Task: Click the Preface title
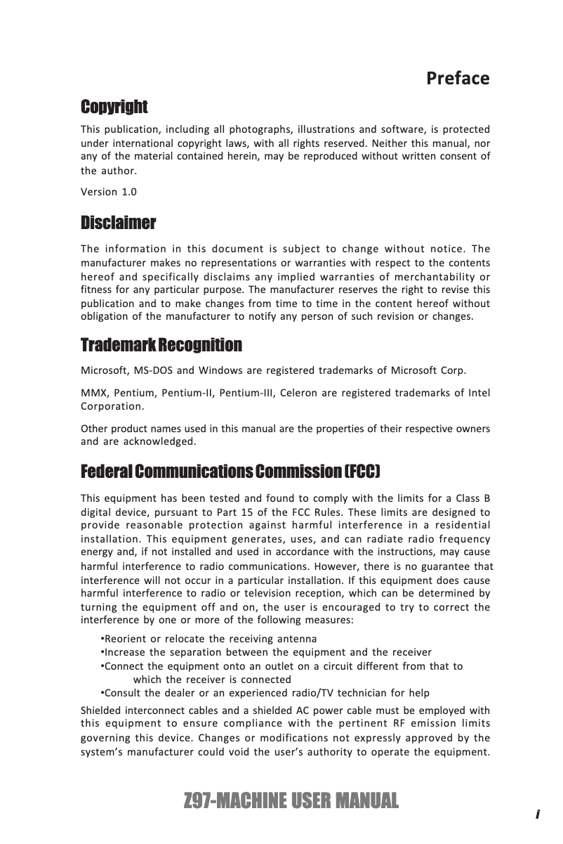458,78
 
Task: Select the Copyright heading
114,108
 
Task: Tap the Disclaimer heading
119,223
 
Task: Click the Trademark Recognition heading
161,346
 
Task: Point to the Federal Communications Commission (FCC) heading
232,469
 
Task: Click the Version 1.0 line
110,192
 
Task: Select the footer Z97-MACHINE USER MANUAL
290,800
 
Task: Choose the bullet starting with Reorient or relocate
209,639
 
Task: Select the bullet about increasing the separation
267,652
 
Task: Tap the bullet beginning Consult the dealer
265,693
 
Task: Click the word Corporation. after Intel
113,406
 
